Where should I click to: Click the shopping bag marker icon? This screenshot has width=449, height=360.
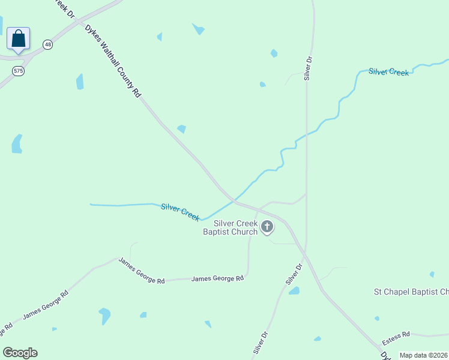click(19, 39)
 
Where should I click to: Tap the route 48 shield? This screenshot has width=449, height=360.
click(48, 44)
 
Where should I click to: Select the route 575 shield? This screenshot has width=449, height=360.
click(19, 71)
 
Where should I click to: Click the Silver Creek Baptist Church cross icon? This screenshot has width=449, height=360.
click(267, 227)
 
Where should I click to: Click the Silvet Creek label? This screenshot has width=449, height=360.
click(389, 72)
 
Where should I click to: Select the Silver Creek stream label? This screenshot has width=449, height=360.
click(180, 212)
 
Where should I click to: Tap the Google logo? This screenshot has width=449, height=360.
click(20, 353)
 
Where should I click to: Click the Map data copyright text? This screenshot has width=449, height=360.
click(424, 355)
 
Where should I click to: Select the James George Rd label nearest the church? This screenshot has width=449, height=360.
click(217, 278)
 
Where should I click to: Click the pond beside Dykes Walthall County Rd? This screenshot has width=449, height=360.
click(181, 128)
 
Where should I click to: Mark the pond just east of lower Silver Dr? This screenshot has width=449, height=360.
click(294, 291)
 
